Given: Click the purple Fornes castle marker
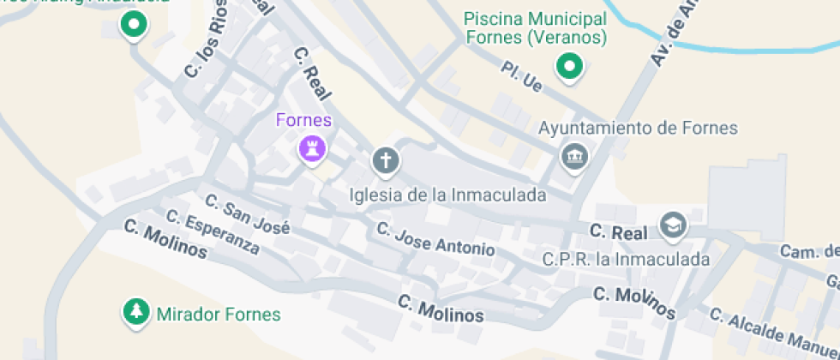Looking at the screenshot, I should tap(312, 150).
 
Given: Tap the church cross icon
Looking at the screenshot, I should tap(386, 159).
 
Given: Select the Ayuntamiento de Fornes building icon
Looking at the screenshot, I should tap(572, 157).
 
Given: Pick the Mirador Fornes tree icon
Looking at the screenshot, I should tap(135, 313).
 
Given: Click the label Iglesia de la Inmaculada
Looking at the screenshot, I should tap(447, 195).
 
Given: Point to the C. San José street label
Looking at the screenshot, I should tap(248, 214).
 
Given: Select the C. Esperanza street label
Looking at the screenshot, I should tap(213, 232).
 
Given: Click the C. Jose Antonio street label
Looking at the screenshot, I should tap(435, 241).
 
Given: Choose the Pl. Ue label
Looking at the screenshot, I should tap(522, 75).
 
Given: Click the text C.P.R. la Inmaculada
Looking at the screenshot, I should tap(627, 259).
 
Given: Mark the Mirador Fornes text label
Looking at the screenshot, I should tap(219, 315).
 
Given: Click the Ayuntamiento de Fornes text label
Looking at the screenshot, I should tap(638, 129).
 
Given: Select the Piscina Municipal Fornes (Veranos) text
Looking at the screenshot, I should tap(536, 27).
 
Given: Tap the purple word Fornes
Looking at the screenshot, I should tap(303, 120).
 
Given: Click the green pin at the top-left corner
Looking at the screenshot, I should tap(133, 26).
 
